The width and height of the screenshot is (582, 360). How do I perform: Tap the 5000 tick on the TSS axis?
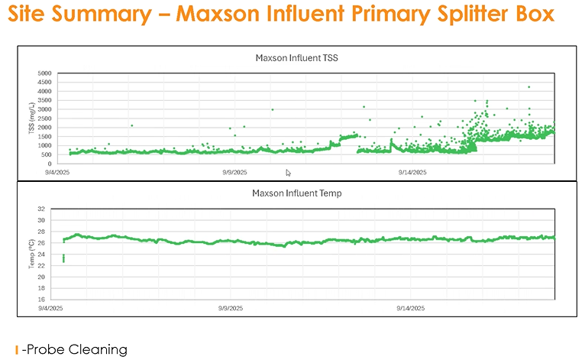coord(45,73)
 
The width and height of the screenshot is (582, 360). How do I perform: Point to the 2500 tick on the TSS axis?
coord(45,118)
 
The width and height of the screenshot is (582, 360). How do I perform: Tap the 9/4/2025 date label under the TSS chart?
coord(57,173)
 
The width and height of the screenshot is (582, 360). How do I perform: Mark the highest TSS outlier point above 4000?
coord(529,87)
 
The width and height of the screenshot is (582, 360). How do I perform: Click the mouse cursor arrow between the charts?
coord(288,173)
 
